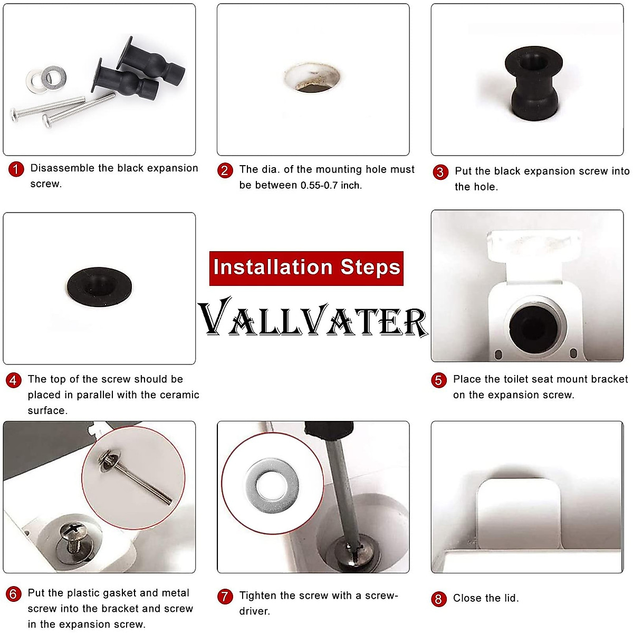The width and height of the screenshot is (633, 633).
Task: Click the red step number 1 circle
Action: pyautogui.click(x=16, y=169)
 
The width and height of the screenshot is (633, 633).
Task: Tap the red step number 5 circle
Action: pyautogui.click(x=439, y=380)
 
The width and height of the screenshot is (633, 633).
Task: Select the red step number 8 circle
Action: pyautogui.click(x=438, y=599)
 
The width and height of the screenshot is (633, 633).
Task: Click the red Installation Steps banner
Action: pyautogui.click(x=306, y=268)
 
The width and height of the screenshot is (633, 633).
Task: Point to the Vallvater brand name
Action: pyautogui.click(x=313, y=318)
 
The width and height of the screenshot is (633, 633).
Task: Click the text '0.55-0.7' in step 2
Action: pyautogui.click(x=319, y=186)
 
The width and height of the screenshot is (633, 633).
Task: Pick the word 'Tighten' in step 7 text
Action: pyautogui.click(x=258, y=596)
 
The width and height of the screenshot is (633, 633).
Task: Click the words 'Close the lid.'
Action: pyautogui.click(x=486, y=598)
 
